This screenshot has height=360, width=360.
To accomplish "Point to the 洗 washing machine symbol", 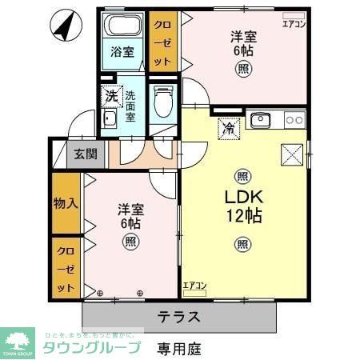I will pyautogui.click(x=111, y=97).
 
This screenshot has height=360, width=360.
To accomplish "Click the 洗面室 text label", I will pyautogui.click(x=130, y=103).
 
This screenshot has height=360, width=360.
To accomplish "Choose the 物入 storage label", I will pyautogui.click(x=66, y=203).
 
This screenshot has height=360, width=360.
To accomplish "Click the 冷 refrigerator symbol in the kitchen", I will pyautogui.click(x=228, y=127).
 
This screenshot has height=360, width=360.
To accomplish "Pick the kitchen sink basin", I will pyautogui.click(x=260, y=121).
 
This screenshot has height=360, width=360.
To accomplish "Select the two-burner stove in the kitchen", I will pyautogui.click(x=294, y=121).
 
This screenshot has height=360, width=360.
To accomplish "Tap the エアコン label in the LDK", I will pyautogui.click(x=194, y=286).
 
